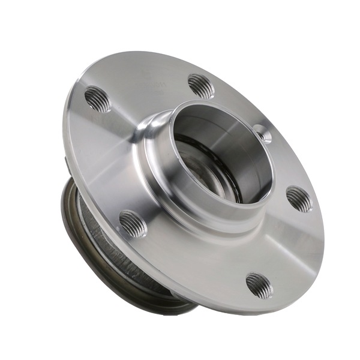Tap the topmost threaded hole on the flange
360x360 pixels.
[201, 86]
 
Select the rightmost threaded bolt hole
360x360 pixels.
[299, 199]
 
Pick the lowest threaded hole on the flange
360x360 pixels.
[259, 285]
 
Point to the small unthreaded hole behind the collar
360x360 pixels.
[262, 133]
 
